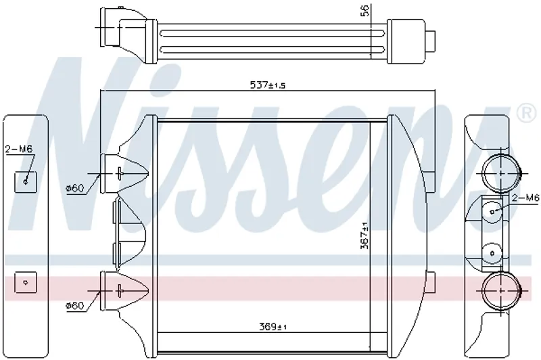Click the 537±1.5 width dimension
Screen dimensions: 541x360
pos(268,85)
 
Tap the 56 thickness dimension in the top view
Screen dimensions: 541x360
pos(364,10)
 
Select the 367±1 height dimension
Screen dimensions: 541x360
pos(364,235)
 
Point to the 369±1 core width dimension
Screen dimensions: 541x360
pos(273,326)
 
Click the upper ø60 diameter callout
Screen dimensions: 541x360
pos(75,188)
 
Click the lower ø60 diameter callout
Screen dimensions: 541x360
pos(75,305)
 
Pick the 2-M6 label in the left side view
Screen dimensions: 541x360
pos(19,149)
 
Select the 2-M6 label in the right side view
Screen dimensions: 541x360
pos(525,198)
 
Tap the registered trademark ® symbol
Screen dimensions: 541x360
pos(525,113)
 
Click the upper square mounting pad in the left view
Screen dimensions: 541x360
pos(25,182)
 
